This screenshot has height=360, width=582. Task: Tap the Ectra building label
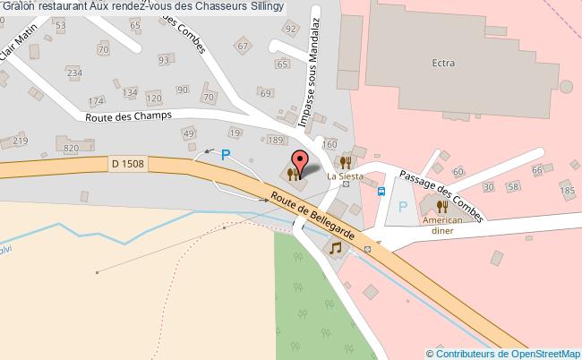coord(442,63)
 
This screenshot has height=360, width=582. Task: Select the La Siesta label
coord(345,176)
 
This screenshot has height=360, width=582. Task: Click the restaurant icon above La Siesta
coord(345,162)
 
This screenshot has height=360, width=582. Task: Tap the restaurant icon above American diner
coord(442,206)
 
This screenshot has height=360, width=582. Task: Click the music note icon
coord(336,247)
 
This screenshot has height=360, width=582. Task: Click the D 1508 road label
coord(129,163)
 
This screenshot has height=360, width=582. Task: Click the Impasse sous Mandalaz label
coord(309,88)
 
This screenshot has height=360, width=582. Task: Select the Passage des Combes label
coord(441,195)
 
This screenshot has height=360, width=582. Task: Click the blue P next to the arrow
coord(226,154)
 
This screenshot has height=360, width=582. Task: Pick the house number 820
coord(73,148)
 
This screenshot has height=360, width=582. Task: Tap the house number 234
coord(74,73)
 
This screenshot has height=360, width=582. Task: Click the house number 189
coord(276,141)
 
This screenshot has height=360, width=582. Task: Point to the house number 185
coord(567,190)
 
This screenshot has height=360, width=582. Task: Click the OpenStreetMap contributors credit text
coord(503,354)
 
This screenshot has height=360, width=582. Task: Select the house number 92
coord(289,29)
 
